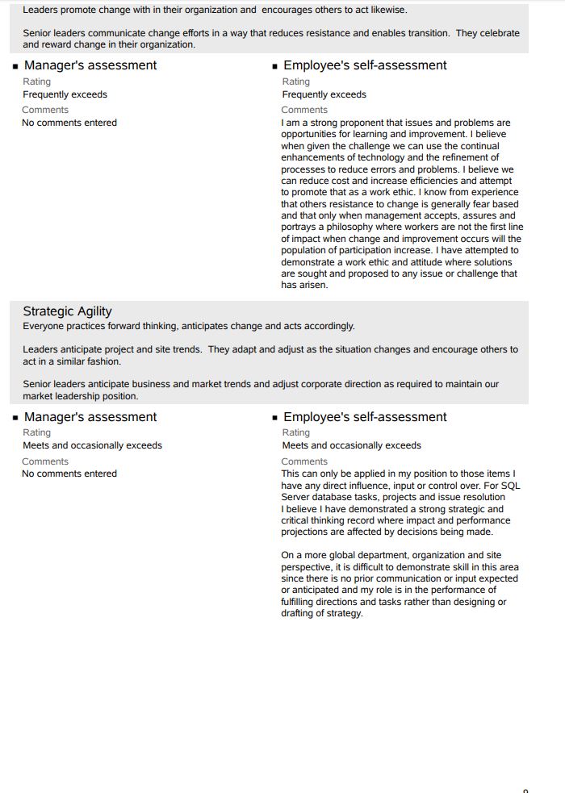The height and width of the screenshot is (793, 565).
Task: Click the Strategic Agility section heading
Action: (x=67, y=311)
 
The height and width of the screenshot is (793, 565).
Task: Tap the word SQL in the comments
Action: (x=511, y=486)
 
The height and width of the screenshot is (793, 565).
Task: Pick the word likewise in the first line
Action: (x=387, y=10)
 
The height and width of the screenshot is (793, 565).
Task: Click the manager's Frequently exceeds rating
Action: (x=65, y=94)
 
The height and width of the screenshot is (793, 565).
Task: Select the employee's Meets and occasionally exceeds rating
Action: (x=351, y=445)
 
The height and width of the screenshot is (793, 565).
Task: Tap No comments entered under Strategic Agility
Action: (x=69, y=474)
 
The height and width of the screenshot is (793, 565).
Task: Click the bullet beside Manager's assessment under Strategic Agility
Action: (x=15, y=418)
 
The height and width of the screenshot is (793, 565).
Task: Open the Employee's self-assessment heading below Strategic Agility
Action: (x=365, y=417)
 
